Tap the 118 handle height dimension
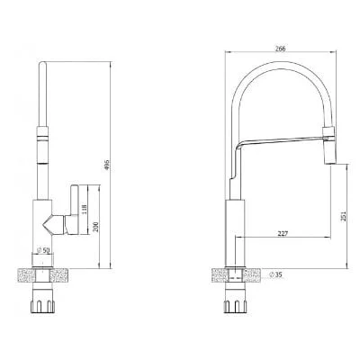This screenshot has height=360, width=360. (85, 209)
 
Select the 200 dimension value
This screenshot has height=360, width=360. (95, 227)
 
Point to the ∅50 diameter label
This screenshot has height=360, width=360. (43, 250)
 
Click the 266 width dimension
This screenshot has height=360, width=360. (280, 48)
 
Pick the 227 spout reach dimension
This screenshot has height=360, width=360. (283, 233)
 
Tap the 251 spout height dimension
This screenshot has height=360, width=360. (344, 216)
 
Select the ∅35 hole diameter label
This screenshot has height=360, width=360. (275, 274)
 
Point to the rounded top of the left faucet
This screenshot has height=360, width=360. (42, 64)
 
